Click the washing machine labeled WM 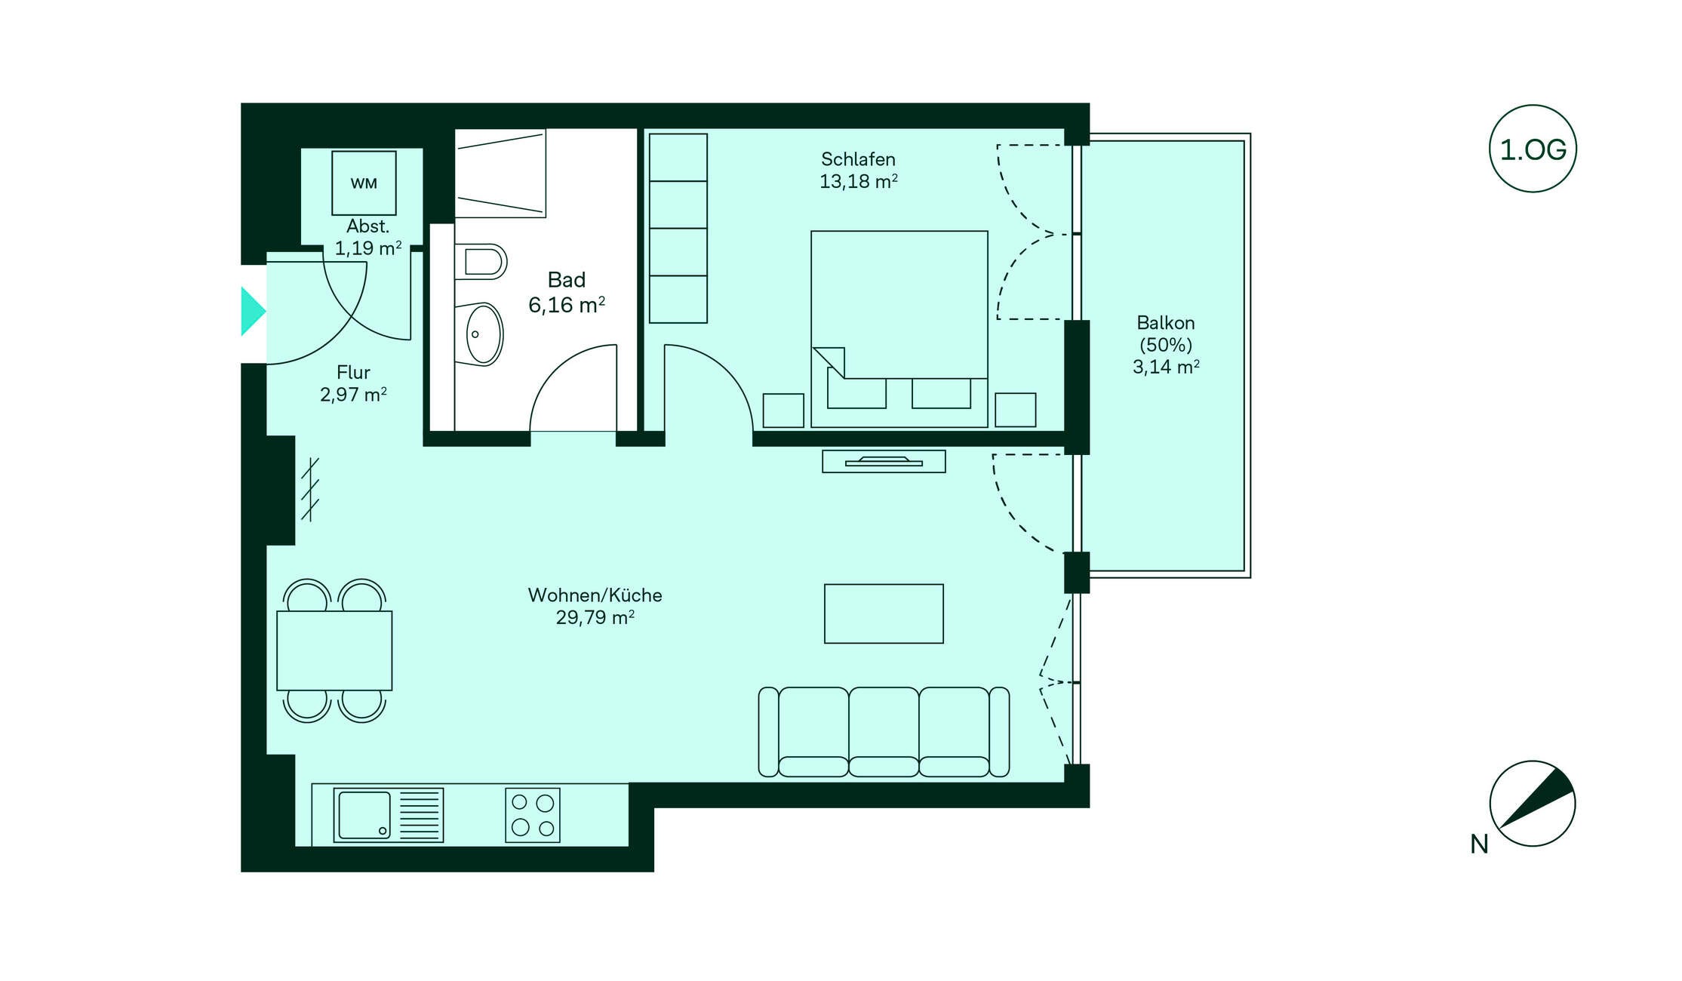coord(364,183)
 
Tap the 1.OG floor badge coord(1533,149)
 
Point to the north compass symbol coord(1532,803)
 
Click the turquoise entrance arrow coord(253,311)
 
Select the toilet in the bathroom coord(481,262)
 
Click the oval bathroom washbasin coord(483,334)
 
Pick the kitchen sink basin coord(364,815)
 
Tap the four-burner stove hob coord(533,815)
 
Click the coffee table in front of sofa coord(884,614)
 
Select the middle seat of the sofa coord(884,731)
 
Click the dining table coord(334,650)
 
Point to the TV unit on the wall coord(884,461)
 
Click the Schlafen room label coord(858,159)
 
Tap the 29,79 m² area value coord(595,617)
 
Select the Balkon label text coord(1166,323)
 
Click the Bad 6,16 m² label coord(567,293)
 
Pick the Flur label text coord(353,373)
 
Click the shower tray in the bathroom coord(500,174)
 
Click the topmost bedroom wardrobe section coord(678,157)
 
